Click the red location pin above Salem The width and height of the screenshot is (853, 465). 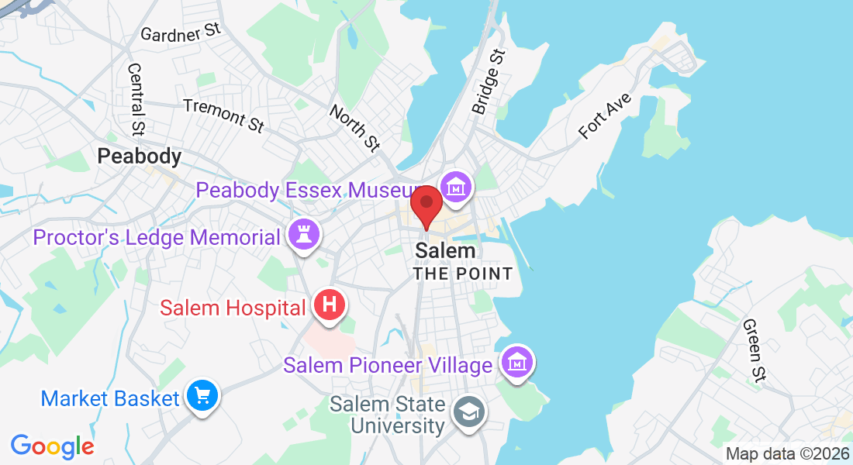(x=426, y=205)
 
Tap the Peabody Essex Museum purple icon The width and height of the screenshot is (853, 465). (x=456, y=188)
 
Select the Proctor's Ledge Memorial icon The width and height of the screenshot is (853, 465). (x=303, y=236)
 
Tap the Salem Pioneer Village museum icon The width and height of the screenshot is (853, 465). (x=516, y=363)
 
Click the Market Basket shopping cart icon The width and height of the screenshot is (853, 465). (x=202, y=397)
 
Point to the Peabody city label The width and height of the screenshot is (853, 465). (x=140, y=157)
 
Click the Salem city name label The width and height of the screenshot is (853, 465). (x=445, y=251)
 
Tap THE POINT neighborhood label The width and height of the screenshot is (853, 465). (x=462, y=274)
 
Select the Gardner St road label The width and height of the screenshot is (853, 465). (x=181, y=32)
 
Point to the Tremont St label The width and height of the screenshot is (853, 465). (x=223, y=115)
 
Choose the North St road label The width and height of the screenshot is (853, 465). (x=354, y=127)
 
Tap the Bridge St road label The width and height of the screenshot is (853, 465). (x=489, y=81)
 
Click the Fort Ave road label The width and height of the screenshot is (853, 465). (x=606, y=116)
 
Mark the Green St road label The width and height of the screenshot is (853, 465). (x=753, y=350)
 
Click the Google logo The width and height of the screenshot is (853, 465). (x=52, y=446)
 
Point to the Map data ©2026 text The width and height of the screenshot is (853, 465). (x=786, y=453)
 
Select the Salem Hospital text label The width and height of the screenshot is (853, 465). (x=233, y=308)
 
